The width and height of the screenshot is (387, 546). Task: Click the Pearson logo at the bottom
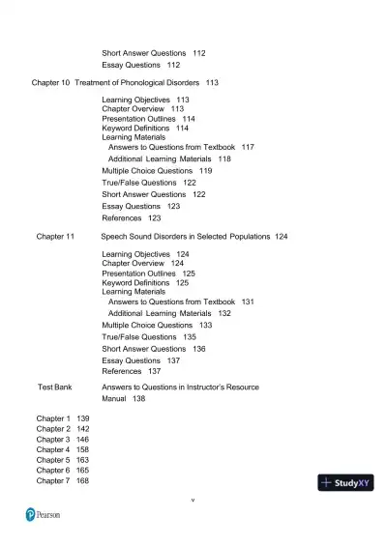(43, 515)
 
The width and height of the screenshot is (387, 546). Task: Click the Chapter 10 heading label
(51, 83)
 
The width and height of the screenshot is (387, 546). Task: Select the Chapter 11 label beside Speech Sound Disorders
(55, 236)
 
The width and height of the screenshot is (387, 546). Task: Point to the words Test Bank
(54, 387)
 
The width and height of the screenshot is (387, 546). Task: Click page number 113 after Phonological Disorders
(212, 83)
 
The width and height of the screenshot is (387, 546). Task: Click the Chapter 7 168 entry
(63, 480)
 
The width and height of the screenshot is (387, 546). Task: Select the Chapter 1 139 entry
(63, 417)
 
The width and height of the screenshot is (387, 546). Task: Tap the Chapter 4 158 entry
(63, 449)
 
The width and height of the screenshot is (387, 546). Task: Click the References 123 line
(131, 217)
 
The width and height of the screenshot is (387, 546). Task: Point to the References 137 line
(131, 371)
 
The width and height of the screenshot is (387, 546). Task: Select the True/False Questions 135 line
(149, 337)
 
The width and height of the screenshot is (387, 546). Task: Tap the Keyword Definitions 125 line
(145, 283)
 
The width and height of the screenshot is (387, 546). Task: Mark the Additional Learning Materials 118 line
(169, 158)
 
